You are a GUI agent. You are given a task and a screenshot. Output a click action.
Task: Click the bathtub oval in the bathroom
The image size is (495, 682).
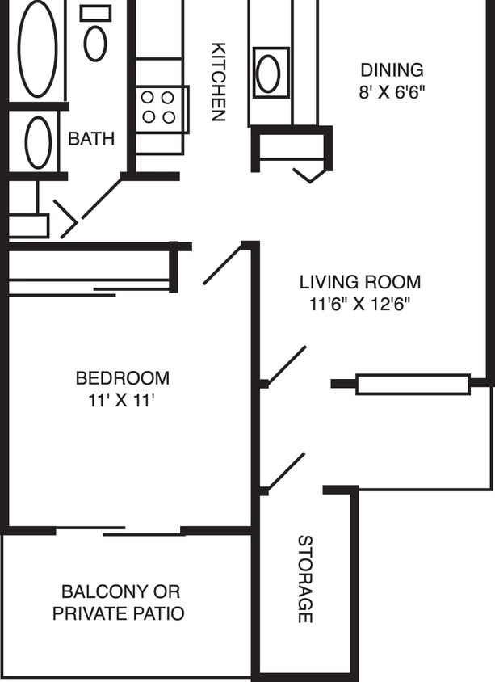point(38,49)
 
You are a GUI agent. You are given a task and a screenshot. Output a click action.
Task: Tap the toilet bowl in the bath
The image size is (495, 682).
point(95,44)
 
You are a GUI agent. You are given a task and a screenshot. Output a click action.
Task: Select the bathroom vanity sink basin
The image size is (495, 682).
point(38,142)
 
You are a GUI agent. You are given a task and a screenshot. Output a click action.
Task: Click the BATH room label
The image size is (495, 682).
point(91,139)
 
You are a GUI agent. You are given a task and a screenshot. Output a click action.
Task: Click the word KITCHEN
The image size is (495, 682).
point(218,81)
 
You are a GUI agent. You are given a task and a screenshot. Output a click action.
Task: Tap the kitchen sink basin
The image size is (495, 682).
point(269,74)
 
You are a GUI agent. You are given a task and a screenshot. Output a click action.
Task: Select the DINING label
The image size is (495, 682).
point(392,70)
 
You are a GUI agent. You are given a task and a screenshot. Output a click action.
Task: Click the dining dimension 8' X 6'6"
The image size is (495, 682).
point(392,91)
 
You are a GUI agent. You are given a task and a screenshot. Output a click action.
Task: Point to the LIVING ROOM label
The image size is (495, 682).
point(360,283)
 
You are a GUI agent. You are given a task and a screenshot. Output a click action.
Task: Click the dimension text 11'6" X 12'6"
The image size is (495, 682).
point(360,305)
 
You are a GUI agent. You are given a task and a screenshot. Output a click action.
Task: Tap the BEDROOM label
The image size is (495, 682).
point(122,378)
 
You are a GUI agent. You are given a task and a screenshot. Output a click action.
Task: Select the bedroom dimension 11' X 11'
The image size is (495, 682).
point(122,400)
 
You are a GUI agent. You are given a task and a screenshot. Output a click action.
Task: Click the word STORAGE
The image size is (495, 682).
point(304,579)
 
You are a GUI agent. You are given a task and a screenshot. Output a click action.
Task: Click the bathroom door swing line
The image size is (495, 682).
point(100,199)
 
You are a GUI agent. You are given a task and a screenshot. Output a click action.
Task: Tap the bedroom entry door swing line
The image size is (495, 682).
point(223,264)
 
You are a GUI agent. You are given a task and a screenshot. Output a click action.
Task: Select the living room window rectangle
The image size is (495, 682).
point(413,384)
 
